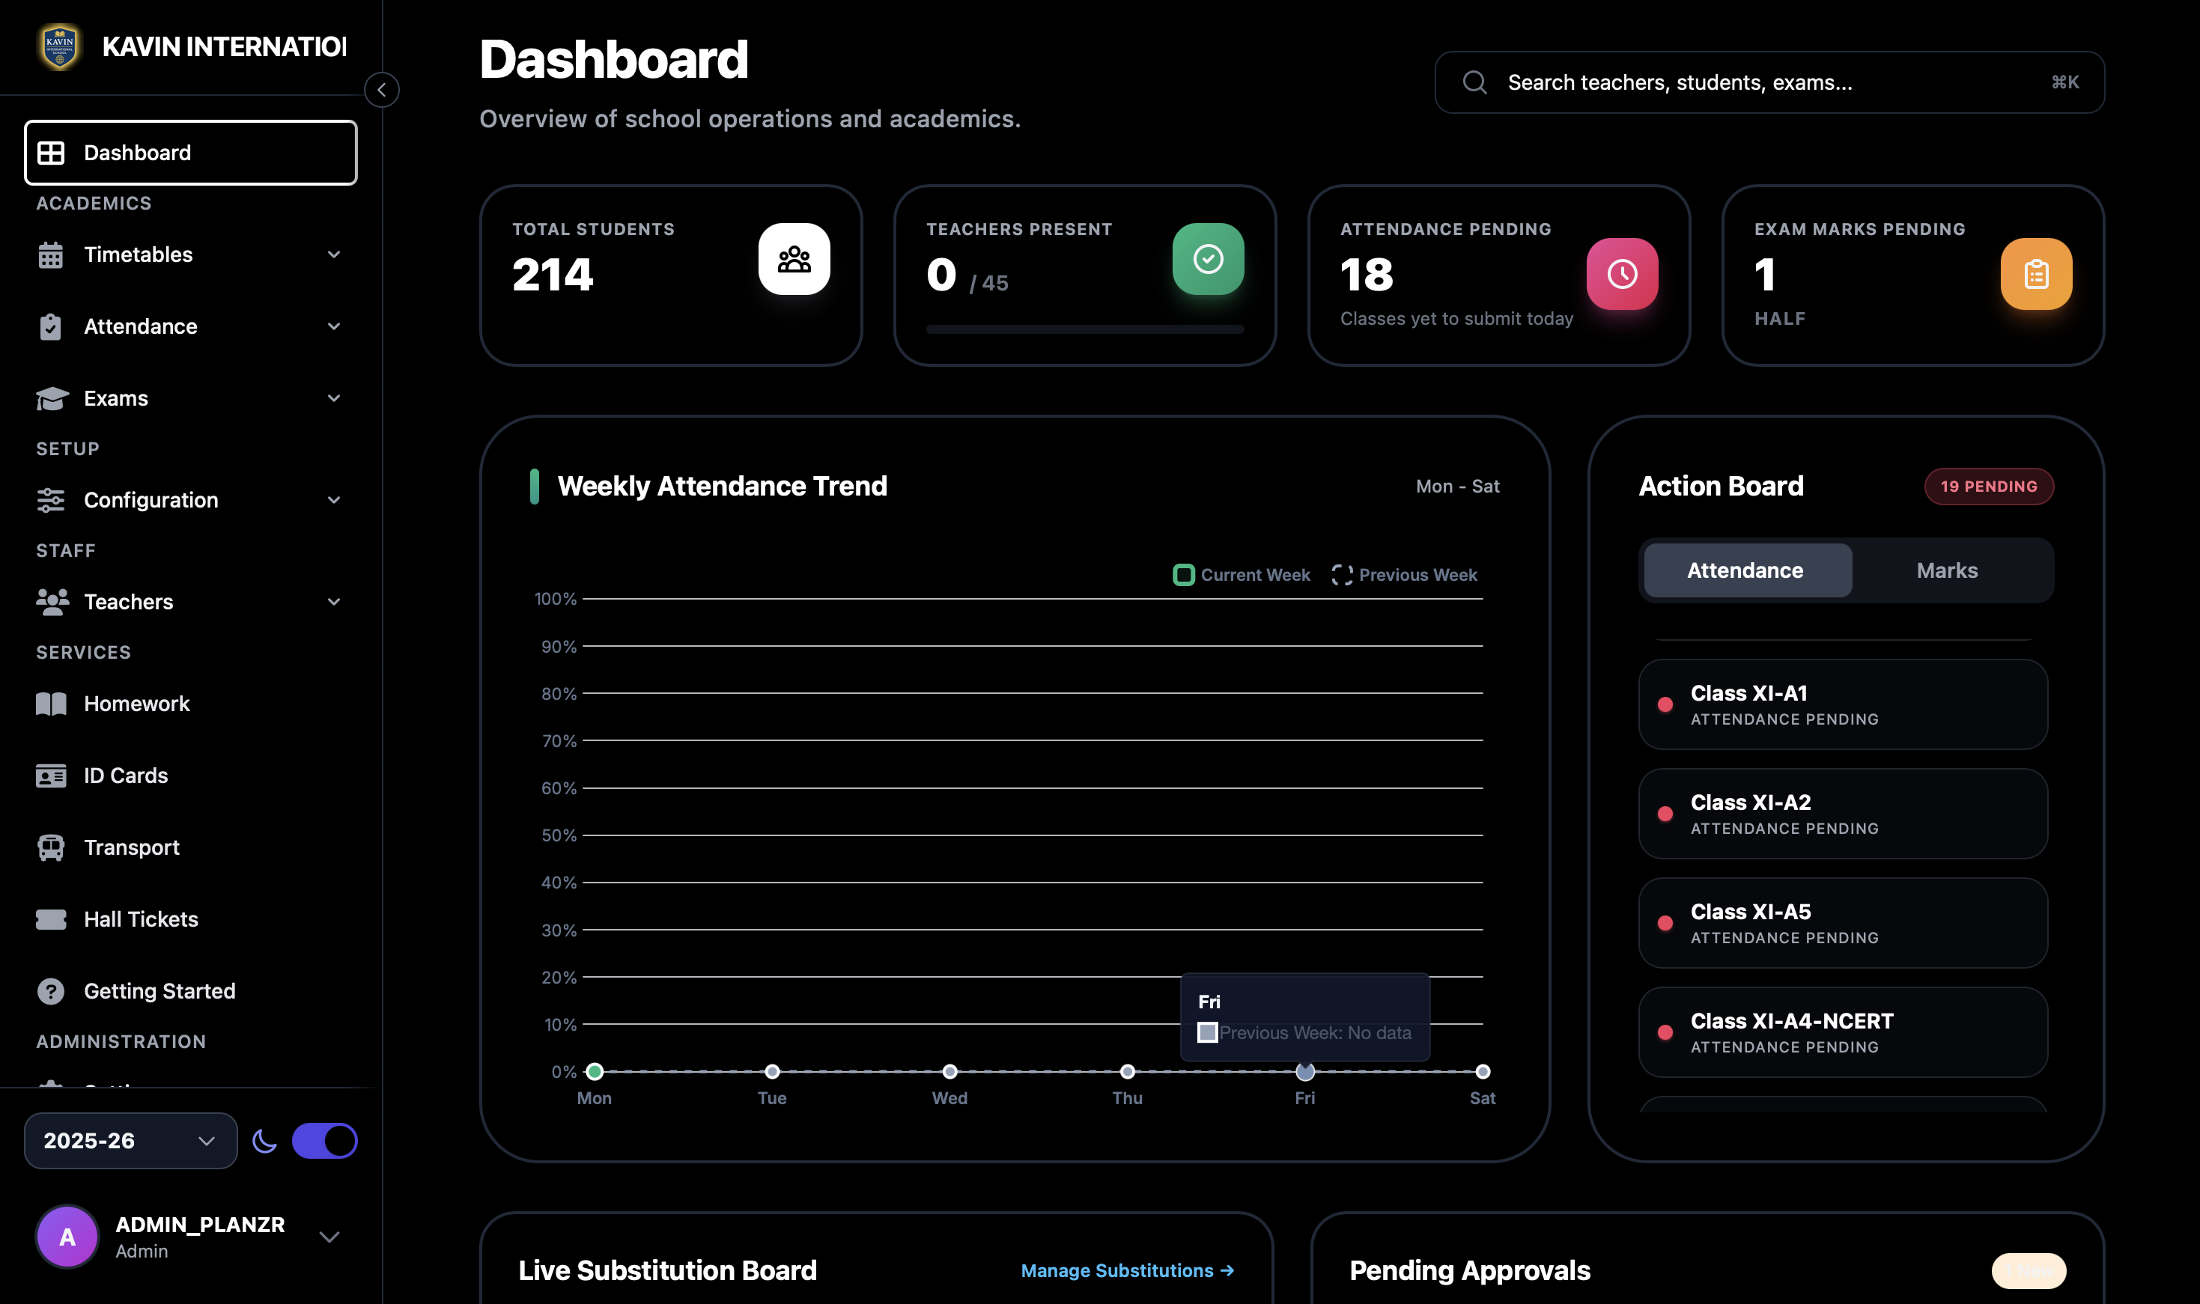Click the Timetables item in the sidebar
(x=138, y=255)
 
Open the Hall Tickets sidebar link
(x=141, y=919)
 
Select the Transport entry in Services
(x=131, y=847)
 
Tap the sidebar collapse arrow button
(x=381, y=90)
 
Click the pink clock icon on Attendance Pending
(x=1622, y=274)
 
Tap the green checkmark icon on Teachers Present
(x=1208, y=259)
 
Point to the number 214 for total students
(x=553, y=275)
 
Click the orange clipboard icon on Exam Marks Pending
(x=2036, y=274)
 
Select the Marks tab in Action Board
(x=1947, y=570)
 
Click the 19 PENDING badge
(x=1988, y=487)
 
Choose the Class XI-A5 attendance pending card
(x=1842, y=923)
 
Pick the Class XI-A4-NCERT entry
(x=1842, y=1032)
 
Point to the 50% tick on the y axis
(x=559, y=835)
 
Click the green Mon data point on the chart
(x=594, y=1071)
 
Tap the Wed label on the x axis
(x=949, y=1098)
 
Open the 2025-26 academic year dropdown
(x=130, y=1141)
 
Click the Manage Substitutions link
(x=1127, y=1270)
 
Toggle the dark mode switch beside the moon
(x=324, y=1141)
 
